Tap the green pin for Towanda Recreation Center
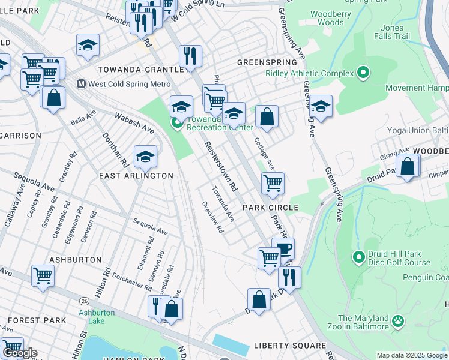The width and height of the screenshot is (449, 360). (x=177, y=124)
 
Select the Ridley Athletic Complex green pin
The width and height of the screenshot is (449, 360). (x=363, y=74)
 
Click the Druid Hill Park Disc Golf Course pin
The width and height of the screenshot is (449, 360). (x=358, y=258)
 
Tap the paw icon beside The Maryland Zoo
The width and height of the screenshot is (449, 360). (x=398, y=322)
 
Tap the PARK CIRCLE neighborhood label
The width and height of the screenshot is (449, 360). (x=270, y=208)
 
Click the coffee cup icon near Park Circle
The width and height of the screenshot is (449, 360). (x=283, y=248)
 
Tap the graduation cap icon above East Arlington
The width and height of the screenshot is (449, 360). (x=145, y=157)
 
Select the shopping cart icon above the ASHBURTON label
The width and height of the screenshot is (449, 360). (x=43, y=276)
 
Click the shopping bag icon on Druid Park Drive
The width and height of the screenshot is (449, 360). (x=259, y=299)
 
